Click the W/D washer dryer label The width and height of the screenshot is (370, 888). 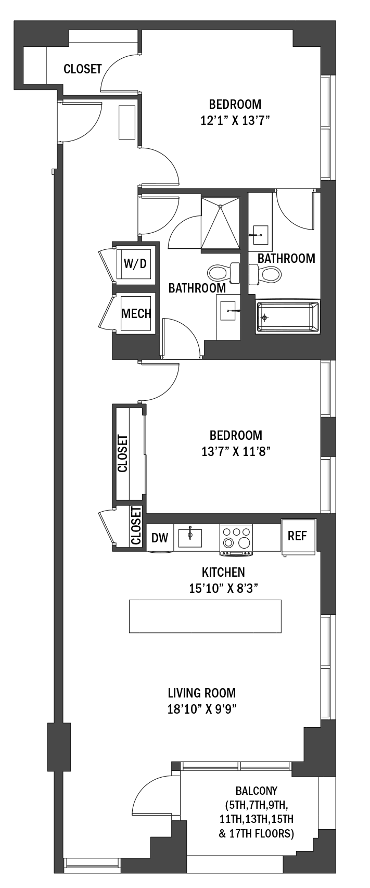point(135,263)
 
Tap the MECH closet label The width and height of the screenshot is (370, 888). point(136,313)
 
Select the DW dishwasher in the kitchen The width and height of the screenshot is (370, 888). point(160,538)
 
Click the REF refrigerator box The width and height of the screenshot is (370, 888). point(298,536)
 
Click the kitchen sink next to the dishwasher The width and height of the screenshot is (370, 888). point(190,537)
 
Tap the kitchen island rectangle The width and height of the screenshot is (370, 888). point(205,616)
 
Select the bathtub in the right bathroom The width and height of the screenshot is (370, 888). point(288,317)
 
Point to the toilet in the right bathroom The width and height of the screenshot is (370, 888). point(265,273)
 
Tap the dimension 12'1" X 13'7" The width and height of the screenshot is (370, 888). point(235,121)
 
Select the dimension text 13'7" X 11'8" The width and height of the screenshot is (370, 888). point(236,451)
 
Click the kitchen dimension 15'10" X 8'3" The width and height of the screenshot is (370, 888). point(224,588)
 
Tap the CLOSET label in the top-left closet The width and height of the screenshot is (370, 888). point(83,69)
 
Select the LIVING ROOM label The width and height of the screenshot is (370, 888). point(202,693)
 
